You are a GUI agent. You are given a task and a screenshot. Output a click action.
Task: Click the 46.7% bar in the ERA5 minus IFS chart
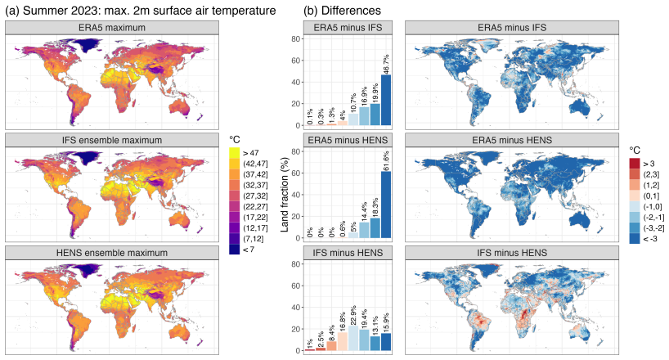coord(386,100)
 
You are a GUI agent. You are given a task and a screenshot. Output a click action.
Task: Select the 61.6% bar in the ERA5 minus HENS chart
coord(386,205)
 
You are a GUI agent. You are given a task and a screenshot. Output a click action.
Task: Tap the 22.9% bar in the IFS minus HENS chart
coord(353,338)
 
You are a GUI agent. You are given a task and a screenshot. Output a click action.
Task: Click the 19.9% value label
coord(375,93)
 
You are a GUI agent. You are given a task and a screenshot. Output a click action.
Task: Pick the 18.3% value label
coord(375,208)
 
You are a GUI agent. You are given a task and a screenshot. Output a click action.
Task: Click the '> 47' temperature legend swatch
coord(234,153)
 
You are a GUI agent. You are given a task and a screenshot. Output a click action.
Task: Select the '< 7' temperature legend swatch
coord(234,249)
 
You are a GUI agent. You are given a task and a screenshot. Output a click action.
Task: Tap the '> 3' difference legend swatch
coord(635,164)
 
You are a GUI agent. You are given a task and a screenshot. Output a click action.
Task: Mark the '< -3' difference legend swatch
coord(635,239)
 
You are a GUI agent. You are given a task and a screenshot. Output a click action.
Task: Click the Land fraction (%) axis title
coord(285,195)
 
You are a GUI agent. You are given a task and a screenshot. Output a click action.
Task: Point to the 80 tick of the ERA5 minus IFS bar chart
coord(296,38)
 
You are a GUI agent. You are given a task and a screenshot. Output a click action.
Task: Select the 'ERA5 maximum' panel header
coord(112,28)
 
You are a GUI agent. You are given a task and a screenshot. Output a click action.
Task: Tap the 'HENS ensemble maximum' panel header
coord(112,253)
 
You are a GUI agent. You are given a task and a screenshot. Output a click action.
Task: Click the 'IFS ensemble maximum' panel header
coord(112,140)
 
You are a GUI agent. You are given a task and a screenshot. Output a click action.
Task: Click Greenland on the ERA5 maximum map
coord(84,44)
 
